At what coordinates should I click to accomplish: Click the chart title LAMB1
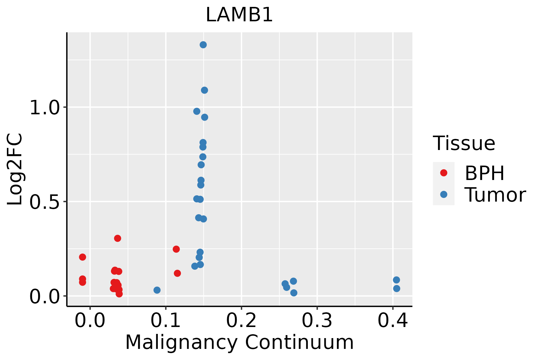[239, 15]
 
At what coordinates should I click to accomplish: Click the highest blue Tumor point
[203, 45]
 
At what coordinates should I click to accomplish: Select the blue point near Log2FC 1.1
[204, 90]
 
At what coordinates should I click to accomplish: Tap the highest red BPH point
[118, 238]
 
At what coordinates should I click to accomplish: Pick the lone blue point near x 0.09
[157, 290]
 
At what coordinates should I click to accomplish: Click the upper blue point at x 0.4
[396, 280]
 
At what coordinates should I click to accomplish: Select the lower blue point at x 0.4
[397, 289]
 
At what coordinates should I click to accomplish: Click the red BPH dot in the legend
[443, 173]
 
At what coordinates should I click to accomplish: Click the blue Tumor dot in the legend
[443, 194]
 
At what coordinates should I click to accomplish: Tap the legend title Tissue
[464, 143]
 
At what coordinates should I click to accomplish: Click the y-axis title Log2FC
[15, 169]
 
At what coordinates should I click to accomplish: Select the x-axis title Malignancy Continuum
[239, 342]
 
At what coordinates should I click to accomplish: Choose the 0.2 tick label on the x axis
[241, 321]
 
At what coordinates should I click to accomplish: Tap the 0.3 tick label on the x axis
[317, 321]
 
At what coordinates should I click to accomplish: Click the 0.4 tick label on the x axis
[392, 321]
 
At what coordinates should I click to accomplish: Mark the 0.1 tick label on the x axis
[166, 321]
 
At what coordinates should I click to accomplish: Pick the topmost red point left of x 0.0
[82, 257]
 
